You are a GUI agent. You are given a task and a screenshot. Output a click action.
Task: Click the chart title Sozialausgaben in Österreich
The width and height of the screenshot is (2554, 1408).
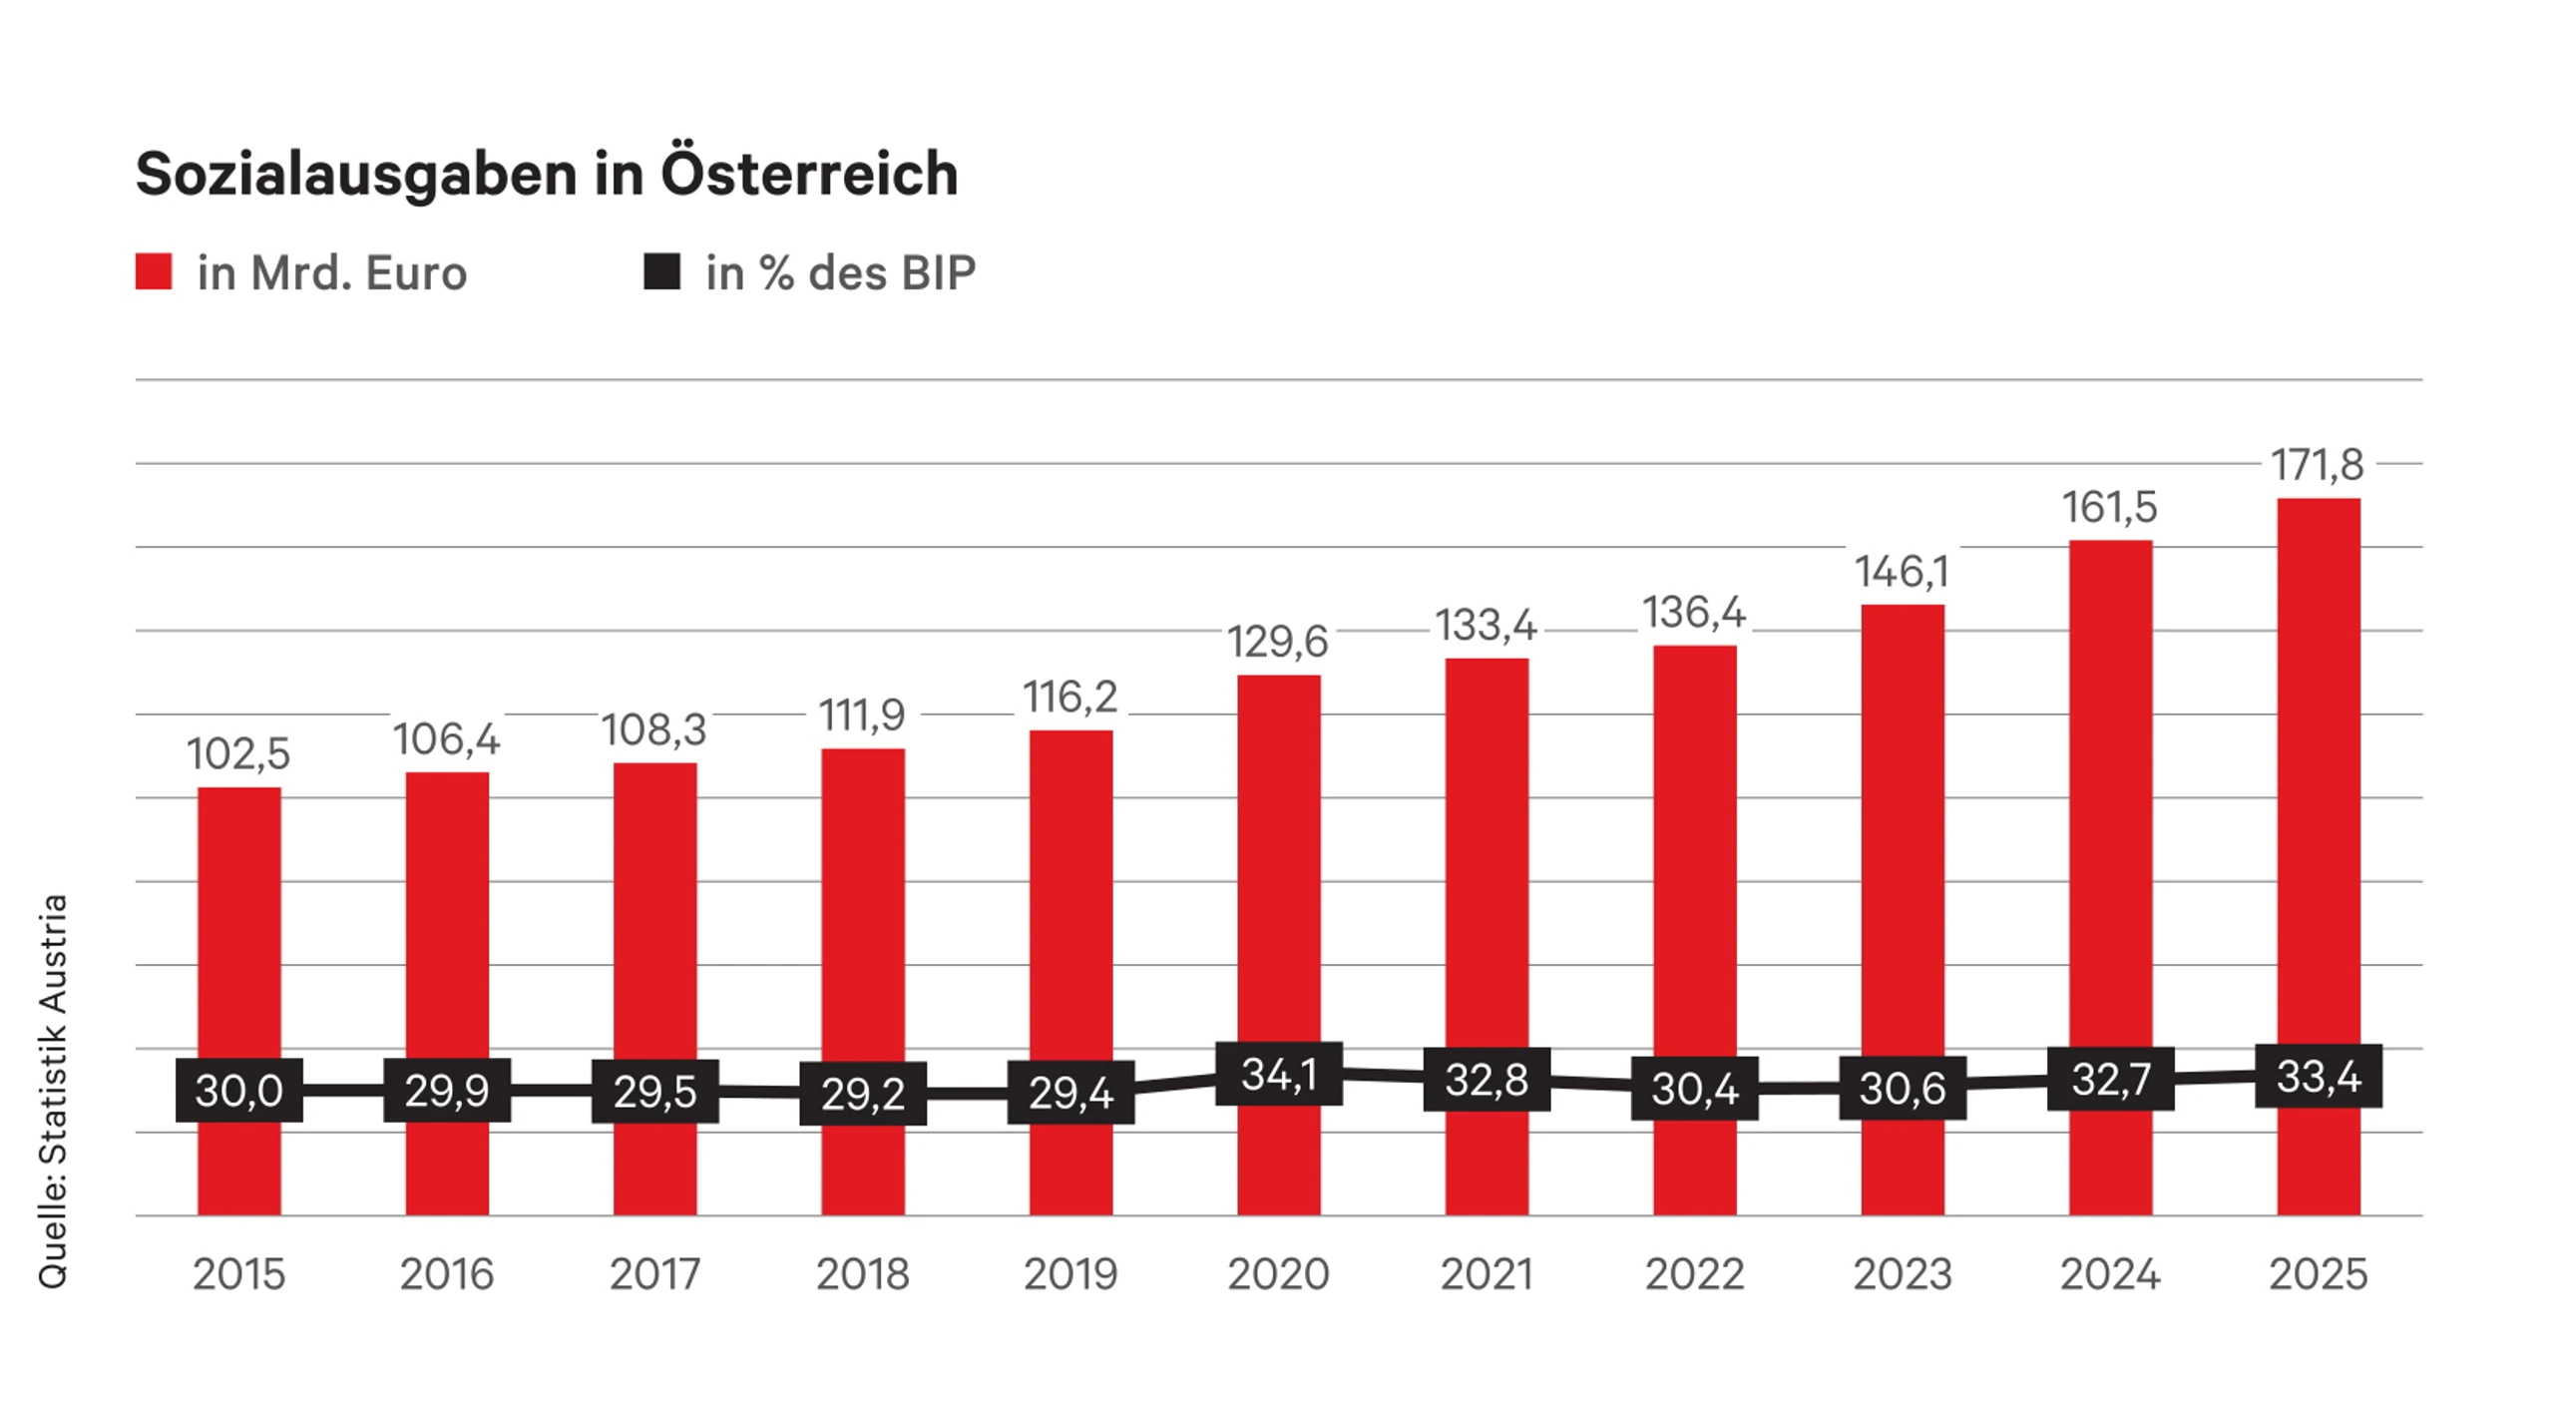pyautogui.click(x=547, y=175)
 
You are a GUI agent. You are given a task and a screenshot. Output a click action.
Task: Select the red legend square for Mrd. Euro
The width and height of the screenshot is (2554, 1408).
pyautogui.click(x=154, y=271)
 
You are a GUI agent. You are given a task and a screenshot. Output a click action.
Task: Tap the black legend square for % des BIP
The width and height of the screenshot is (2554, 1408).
pyautogui.click(x=662, y=271)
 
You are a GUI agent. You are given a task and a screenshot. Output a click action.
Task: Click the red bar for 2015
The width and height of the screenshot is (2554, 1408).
pyautogui.click(x=239, y=1001)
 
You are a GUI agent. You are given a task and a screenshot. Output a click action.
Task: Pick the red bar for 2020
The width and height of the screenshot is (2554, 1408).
pyautogui.click(x=1279, y=945)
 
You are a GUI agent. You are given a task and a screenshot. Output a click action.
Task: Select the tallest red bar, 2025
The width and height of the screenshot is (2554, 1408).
pyautogui.click(x=2319, y=856)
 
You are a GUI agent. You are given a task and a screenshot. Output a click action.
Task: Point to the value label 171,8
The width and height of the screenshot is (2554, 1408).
pyautogui.click(x=2318, y=465)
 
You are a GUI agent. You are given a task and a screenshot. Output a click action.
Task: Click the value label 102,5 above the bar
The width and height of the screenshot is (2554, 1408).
pyautogui.click(x=238, y=754)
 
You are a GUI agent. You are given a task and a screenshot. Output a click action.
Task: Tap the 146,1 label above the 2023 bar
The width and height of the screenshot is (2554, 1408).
pyautogui.click(x=1902, y=573)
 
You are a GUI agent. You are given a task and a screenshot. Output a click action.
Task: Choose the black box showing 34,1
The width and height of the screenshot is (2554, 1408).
pyautogui.click(x=1279, y=1074)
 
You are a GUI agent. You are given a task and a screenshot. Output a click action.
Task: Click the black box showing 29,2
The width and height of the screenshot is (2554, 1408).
pyautogui.click(x=863, y=1094)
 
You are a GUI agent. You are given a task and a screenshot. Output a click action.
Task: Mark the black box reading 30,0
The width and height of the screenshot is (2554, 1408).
pyautogui.click(x=239, y=1090)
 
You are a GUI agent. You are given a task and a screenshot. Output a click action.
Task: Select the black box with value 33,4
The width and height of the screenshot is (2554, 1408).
pyautogui.click(x=2319, y=1076)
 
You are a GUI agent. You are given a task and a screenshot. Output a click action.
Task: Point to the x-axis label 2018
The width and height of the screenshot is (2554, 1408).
pyautogui.click(x=863, y=1274)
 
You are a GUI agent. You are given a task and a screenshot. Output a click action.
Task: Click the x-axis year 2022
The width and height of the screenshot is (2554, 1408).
pyautogui.click(x=1694, y=1274)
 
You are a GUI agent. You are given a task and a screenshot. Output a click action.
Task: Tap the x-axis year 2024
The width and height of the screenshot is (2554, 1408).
pyautogui.click(x=2110, y=1274)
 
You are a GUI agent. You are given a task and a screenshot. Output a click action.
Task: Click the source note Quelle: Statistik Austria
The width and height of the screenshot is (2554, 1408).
pyautogui.click(x=53, y=1092)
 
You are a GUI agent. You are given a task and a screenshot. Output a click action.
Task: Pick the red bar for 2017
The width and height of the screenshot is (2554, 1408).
pyautogui.click(x=655, y=989)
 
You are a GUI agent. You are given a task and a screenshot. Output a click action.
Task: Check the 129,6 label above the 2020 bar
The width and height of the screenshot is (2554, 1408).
pyautogui.click(x=1278, y=642)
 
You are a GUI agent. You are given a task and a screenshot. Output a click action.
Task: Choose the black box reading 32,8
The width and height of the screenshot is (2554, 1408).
pyautogui.click(x=1487, y=1079)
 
